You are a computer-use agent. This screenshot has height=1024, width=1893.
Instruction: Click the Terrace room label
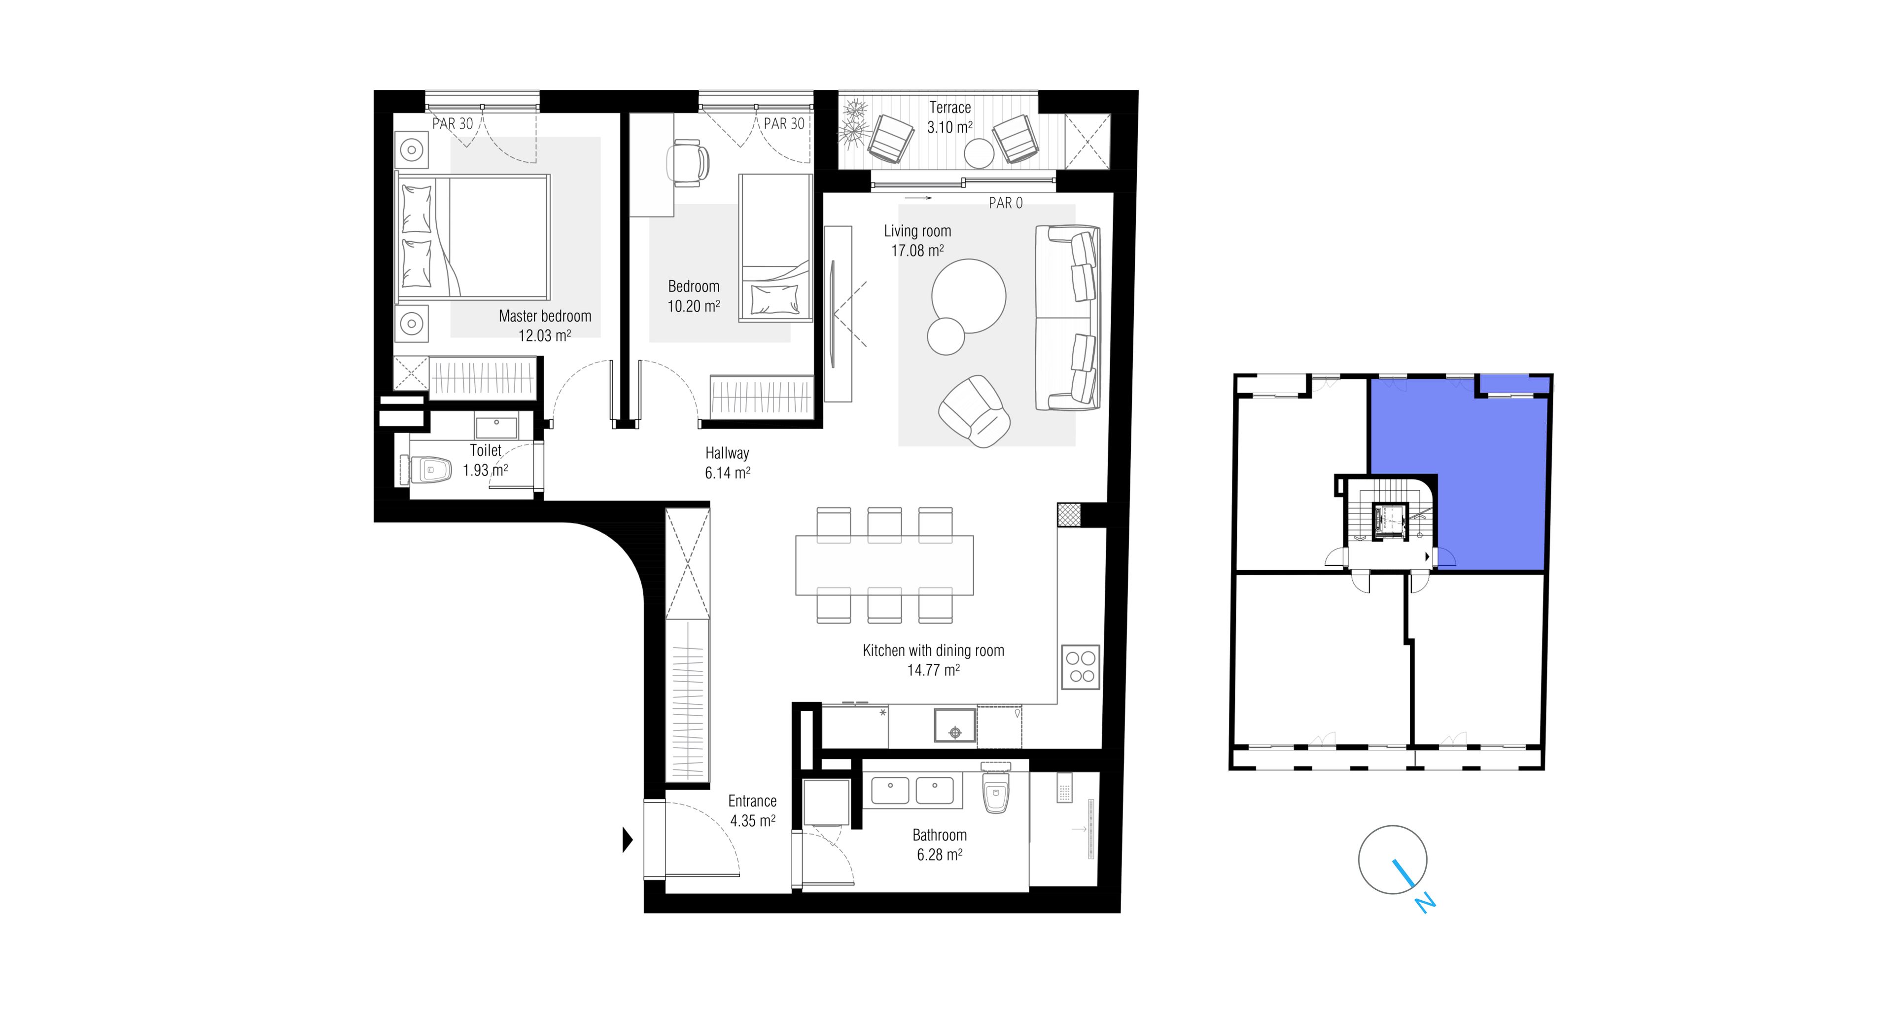949,108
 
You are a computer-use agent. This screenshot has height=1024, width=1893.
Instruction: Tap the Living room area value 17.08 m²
917,251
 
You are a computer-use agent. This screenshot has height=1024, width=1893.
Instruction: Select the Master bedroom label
545,316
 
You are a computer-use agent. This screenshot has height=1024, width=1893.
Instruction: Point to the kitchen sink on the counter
954,725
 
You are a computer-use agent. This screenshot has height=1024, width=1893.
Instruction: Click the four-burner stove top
1081,667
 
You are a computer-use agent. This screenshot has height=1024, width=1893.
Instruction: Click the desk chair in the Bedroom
688,162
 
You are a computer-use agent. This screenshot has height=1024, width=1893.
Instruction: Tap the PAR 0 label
1005,203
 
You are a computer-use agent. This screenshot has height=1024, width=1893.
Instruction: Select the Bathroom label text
939,835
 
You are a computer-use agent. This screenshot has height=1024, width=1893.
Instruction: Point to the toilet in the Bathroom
996,789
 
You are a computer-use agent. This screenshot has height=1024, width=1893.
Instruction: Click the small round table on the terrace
979,153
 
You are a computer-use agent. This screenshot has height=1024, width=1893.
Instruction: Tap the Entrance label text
752,801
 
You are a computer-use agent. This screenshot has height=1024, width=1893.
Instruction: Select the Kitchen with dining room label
933,651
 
